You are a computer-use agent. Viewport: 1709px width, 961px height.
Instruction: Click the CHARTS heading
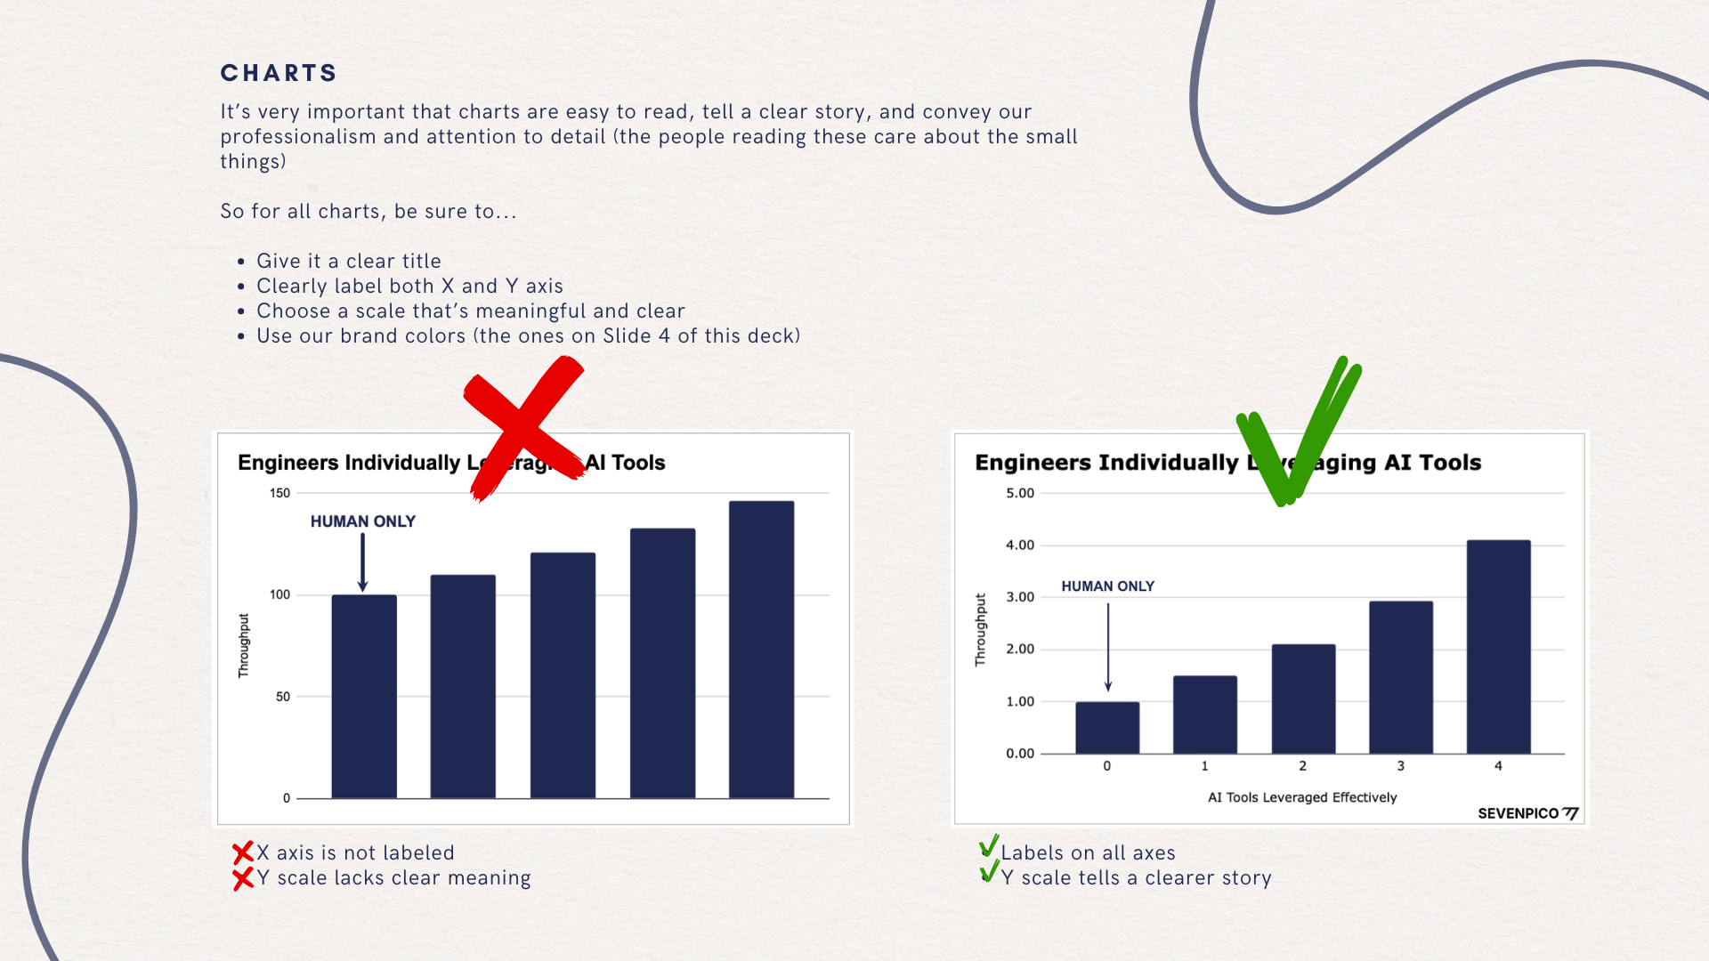pos(279,73)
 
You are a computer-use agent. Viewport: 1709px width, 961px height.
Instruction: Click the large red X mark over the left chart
pos(522,427)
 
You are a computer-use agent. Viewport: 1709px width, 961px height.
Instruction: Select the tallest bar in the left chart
pos(761,650)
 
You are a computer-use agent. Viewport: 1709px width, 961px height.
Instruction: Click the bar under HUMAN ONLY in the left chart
pos(364,697)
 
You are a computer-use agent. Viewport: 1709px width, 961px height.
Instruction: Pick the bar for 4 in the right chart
pos(1499,647)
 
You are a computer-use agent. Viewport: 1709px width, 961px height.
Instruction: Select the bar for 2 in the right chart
pos(1303,699)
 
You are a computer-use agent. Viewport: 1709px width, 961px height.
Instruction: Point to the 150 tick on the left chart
pos(279,493)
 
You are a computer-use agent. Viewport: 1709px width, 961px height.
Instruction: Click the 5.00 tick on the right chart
pos(1020,493)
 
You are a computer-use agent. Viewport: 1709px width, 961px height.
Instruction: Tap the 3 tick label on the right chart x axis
pos(1400,766)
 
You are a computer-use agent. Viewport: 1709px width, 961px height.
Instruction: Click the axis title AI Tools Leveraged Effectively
pos(1302,797)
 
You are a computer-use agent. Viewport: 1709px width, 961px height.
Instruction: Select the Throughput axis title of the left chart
pos(244,646)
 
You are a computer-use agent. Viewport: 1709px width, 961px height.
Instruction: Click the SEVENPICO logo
pos(1528,813)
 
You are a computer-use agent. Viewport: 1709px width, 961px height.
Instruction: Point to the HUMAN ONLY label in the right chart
pos(1107,586)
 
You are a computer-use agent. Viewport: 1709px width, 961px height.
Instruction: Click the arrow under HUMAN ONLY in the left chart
pos(362,562)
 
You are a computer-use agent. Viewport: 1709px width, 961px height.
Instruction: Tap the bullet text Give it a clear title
pos(349,262)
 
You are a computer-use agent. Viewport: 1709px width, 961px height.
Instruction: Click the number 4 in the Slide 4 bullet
pos(664,336)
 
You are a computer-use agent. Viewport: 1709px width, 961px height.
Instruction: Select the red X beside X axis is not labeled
pos(242,853)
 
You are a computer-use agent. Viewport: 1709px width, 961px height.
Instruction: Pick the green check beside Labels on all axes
pos(988,846)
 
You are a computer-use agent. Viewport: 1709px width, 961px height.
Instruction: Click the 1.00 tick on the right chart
pos(1020,702)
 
